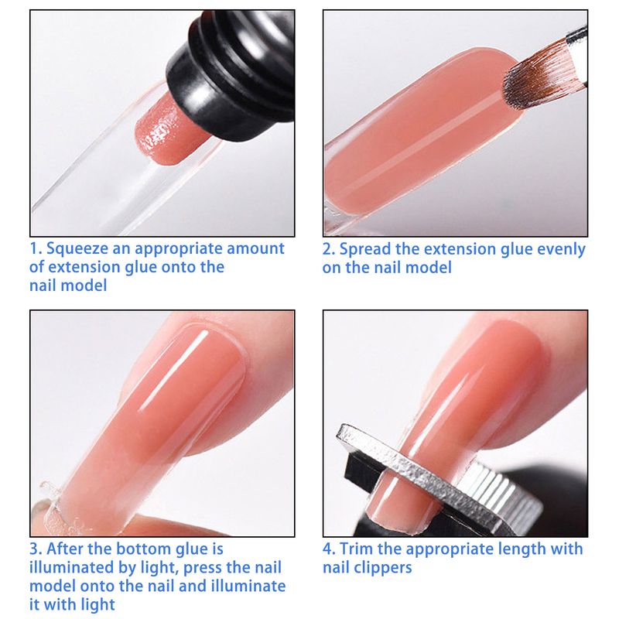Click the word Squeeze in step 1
[77, 249]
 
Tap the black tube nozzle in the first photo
[233, 71]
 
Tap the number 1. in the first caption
[36, 248]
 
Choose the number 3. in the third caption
[36, 549]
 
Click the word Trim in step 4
[356, 549]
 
